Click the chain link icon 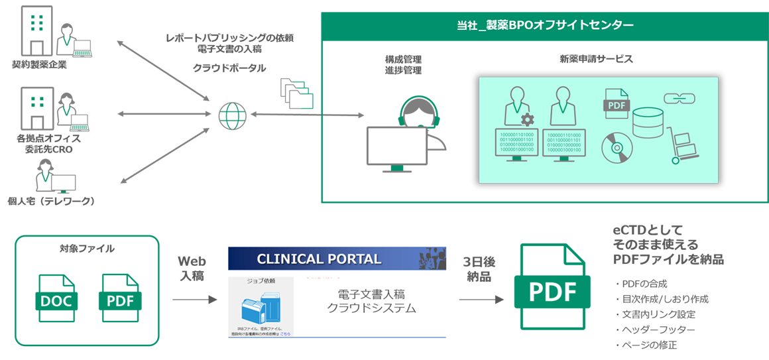pyautogui.click(x=678, y=99)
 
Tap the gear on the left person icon pyautogui.click(x=527, y=119)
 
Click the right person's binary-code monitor pyautogui.click(x=568, y=141)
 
